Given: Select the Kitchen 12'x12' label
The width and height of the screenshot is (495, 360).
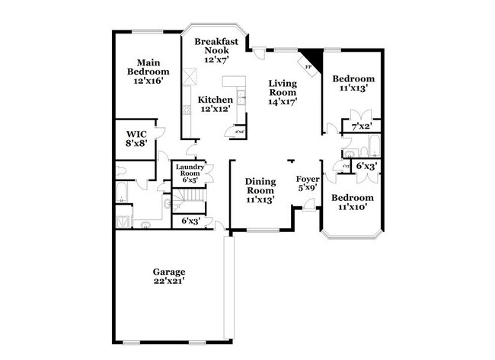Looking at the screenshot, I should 216,104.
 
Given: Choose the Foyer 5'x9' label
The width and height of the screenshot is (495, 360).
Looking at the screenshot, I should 308,183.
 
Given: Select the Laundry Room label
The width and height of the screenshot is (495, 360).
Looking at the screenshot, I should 188,174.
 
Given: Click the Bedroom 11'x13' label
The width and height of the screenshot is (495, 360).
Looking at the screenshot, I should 354,83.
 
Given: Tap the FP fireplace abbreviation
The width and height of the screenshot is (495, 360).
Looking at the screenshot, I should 308,68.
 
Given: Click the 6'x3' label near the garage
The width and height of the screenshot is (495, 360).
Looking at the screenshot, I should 190,221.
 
